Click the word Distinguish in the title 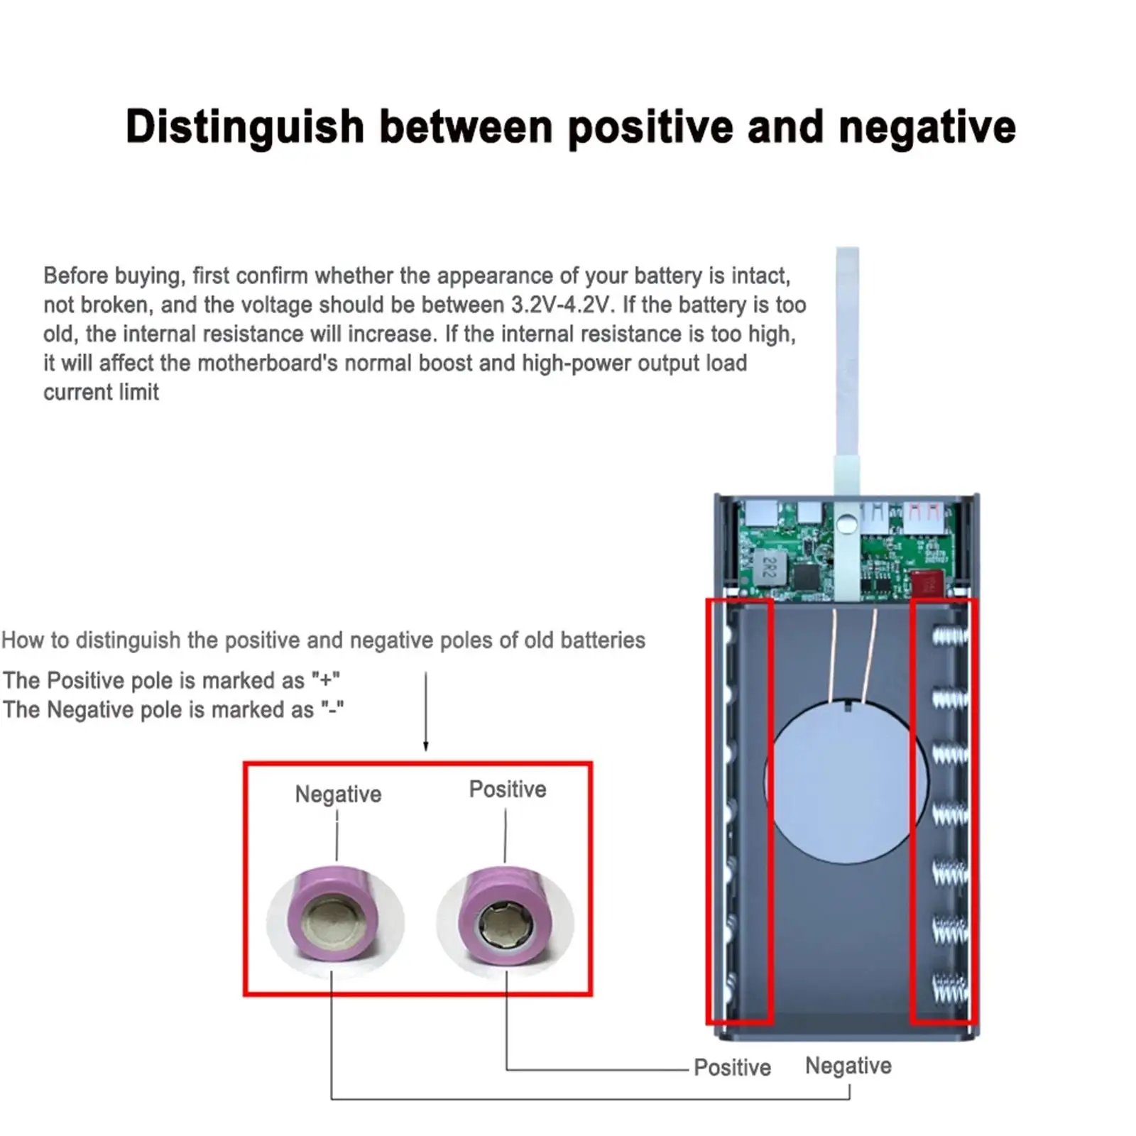tap(244, 128)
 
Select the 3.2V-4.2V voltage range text tap(561, 305)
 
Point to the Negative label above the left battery tap(338, 794)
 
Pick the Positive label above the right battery tap(508, 790)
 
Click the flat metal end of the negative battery tap(334, 923)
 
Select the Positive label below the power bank tap(732, 1067)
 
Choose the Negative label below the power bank tap(848, 1066)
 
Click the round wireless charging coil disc tap(845, 781)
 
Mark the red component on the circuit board tap(928, 584)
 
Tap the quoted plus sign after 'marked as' tap(326, 680)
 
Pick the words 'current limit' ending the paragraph tap(101, 393)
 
